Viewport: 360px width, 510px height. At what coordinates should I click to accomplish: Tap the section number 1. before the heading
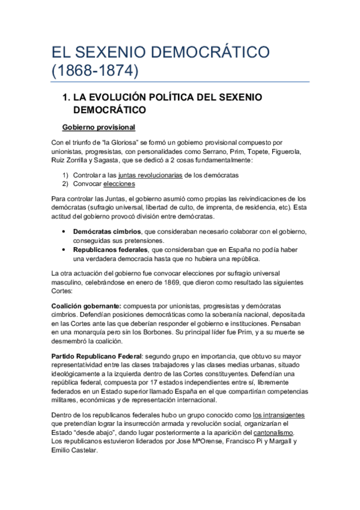tap(67, 97)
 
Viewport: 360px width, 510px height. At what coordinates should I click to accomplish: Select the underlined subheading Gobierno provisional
tap(99, 127)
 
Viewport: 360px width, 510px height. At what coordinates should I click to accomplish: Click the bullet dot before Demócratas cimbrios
tap(64, 232)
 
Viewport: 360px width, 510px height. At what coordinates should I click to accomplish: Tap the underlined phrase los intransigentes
tap(278, 415)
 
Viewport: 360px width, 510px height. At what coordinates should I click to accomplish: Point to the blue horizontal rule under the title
tap(180, 82)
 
